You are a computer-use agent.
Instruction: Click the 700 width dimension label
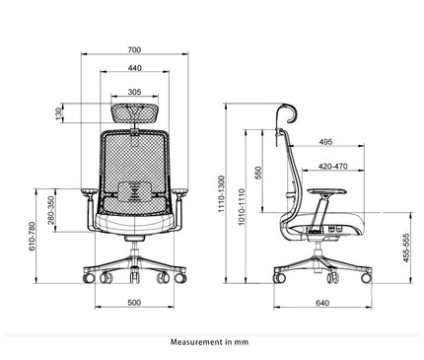134,49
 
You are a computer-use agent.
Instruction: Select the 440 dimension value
134,68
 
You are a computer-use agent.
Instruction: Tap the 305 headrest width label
134,91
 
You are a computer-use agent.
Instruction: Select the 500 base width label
135,303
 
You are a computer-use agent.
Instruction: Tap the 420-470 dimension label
331,166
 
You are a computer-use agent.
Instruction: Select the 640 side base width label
322,303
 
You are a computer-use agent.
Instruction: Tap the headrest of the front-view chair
134,111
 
